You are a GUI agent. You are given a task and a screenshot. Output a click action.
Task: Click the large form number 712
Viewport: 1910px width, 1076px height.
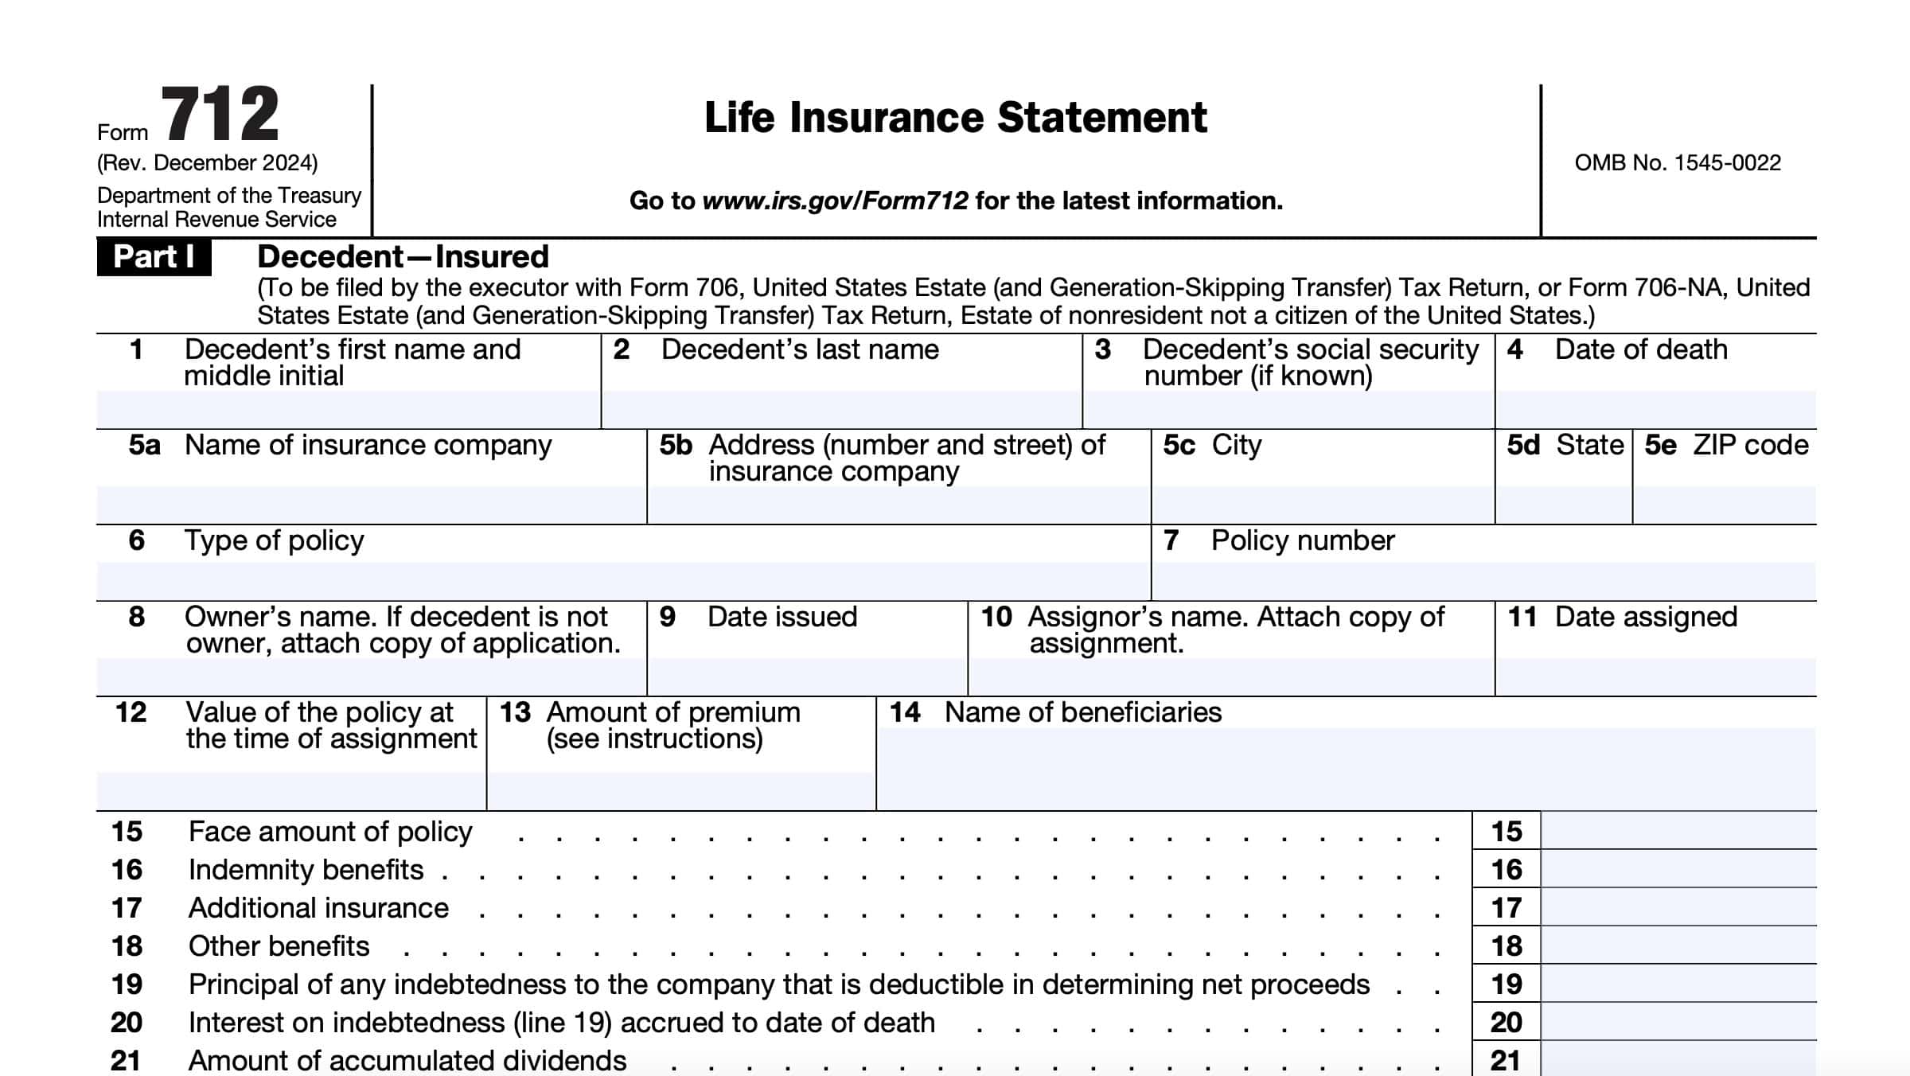coord(220,115)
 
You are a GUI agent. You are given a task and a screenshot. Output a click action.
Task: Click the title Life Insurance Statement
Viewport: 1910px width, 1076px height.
coord(955,118)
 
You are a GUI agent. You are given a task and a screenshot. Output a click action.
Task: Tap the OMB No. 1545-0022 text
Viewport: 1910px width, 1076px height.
coord(1678,163)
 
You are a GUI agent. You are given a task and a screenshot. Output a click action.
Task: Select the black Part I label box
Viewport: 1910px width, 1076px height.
coord(154,257)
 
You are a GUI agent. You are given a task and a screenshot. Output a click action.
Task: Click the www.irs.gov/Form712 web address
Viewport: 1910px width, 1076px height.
coord(835,201)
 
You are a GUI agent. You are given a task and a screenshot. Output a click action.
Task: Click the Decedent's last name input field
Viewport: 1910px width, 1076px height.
coord(841,409)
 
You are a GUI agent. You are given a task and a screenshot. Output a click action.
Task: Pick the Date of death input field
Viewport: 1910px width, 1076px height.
coord(1655,409)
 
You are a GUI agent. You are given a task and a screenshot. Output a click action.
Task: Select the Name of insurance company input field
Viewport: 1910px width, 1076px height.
coord(371,505)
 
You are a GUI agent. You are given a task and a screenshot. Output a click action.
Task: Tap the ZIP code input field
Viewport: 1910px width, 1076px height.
coord(1725,505)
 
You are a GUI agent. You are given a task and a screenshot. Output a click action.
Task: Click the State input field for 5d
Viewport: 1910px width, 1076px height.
coord(1564,505)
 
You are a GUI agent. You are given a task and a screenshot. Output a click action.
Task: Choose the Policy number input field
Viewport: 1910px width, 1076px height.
coord(1483,581)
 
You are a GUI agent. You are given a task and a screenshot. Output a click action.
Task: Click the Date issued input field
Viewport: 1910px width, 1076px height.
coord(807,676)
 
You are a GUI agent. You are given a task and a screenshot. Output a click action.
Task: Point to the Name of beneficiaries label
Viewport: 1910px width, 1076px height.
coord(1082,712)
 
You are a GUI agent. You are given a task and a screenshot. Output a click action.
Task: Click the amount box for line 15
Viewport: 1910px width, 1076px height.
coord(1678,831)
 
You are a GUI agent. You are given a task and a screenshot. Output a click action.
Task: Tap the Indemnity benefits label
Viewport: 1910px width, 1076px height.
coord(306,870)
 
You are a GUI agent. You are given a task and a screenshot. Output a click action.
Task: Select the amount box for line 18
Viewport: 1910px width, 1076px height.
coord(1678,945)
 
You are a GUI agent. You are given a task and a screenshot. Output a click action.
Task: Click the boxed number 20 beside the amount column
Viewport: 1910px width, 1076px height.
coord(1506,1022)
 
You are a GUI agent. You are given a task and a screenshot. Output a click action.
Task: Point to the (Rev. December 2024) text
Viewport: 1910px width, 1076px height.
coord(207,163)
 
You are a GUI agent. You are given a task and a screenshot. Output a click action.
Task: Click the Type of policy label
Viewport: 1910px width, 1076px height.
coord(274,541)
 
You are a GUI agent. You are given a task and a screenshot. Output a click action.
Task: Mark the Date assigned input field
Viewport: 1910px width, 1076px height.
coord(1655,676)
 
